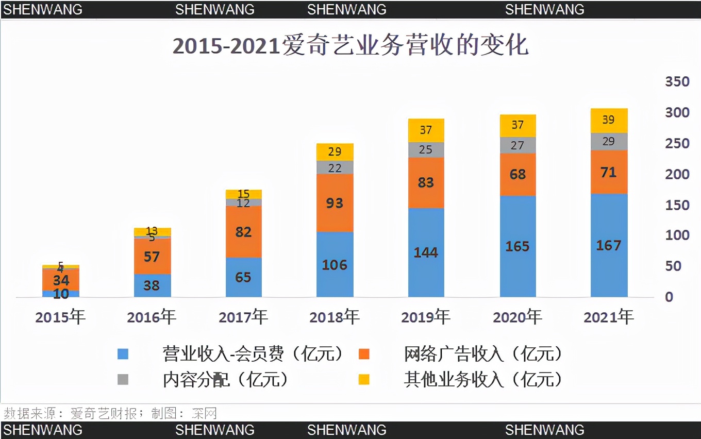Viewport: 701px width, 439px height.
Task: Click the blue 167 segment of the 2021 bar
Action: [609, 245]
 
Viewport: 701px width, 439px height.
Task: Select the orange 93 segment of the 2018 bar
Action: [335, 203]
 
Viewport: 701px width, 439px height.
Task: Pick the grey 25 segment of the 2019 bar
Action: [426, 150]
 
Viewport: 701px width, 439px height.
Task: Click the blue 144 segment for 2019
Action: [426, 252]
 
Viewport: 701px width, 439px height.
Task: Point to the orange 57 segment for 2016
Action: [152, 256]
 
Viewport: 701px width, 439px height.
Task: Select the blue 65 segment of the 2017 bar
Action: [243, 277]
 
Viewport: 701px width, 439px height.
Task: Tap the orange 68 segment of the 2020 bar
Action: [518, 174]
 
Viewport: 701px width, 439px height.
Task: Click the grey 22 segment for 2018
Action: [335, 167]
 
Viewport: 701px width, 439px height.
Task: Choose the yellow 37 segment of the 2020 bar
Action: [518, 125]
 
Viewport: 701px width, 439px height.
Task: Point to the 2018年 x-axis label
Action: [335, 317]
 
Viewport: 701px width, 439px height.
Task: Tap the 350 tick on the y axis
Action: [677, 81]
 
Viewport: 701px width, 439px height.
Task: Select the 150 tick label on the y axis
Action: [677, 205]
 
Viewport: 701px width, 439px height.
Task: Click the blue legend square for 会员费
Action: [123, 354]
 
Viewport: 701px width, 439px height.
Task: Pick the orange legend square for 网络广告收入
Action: [364, 354]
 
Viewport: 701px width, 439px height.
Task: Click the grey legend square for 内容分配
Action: [123, 380]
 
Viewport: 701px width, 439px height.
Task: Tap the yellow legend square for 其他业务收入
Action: [364, 380]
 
